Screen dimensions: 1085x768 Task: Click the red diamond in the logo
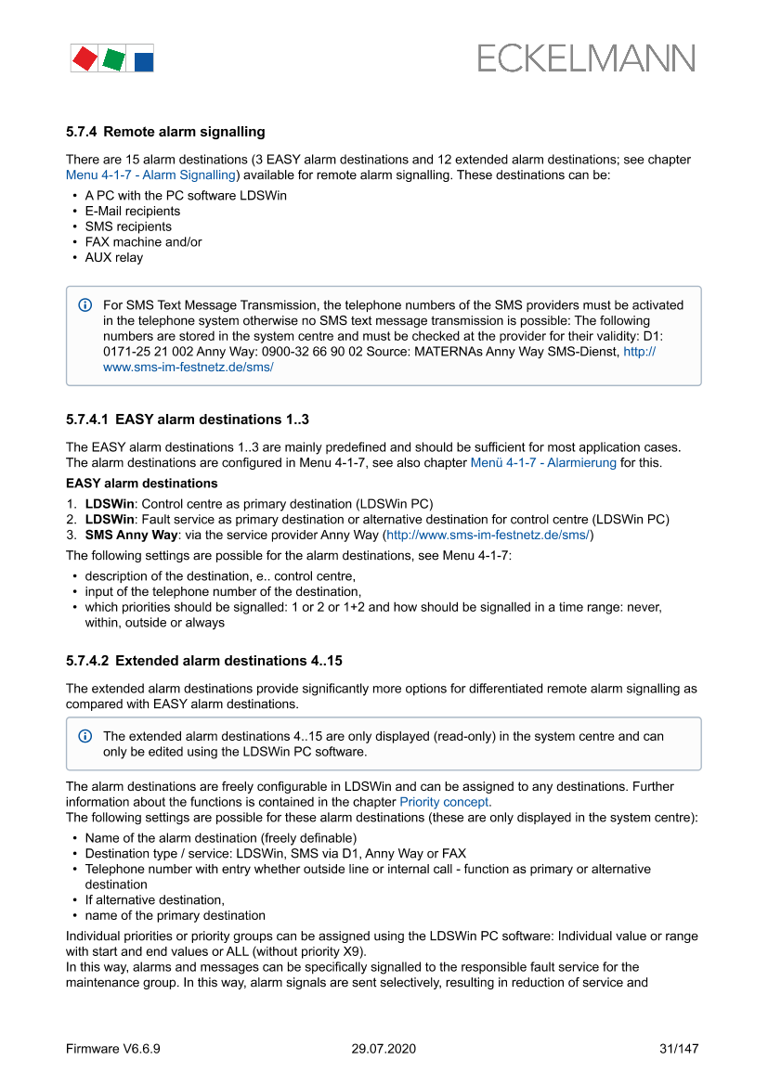[x=85, y=59]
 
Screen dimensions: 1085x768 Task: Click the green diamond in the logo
[x=113, y=60]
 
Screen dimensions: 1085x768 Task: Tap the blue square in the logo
[x=144, y=62]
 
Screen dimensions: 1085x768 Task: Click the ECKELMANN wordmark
[x=586, y=58]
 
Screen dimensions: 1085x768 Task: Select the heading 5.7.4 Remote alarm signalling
[x=165, y=132]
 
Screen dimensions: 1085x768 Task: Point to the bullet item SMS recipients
[x=128, y=226]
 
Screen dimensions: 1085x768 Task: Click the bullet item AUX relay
[x=114, y=257]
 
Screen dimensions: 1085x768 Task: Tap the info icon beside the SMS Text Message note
[x=85, y=305]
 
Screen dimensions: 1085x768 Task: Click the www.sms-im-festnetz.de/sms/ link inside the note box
[x=188, y=368]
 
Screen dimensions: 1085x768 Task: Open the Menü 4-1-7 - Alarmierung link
[x=543, y=462]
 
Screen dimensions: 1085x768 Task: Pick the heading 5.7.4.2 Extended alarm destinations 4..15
[x=204, y=661]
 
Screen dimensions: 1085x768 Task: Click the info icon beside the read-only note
[x=85, y=736]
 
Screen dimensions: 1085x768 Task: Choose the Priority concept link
[x=444, y=802]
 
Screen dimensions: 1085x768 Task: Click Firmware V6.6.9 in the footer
[x=113, y=1049]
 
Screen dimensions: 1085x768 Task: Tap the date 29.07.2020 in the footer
[x=384, y=1049]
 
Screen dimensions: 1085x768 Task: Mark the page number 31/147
[x=678, y=1049]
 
